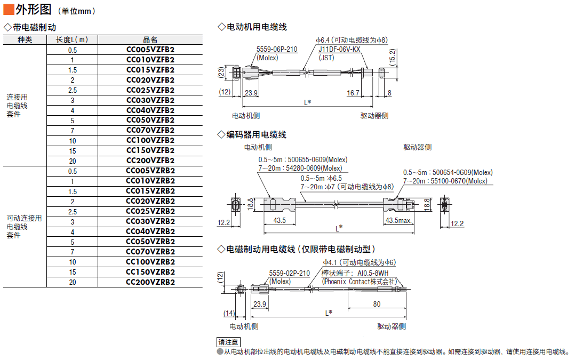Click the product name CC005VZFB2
click(150, 50)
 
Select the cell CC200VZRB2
click(150, 282)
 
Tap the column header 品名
click(150, 39)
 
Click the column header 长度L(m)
click(72, 39)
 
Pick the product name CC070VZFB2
click(150, 131)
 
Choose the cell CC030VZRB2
click(150, 221)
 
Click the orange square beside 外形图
click(9, 10)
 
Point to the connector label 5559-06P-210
click(277, 50)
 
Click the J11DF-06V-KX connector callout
click(339, 50)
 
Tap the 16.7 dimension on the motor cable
click(353, 93)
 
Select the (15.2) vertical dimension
click(393, 57)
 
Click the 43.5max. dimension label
click(398, 221)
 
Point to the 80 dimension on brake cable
click(377, 305)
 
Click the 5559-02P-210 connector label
click(289, 274)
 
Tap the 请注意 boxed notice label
click(228, 342)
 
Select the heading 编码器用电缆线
click(257, 135)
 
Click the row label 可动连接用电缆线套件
click(24, 227)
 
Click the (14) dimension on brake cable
click(229, 314)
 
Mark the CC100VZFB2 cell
click(150, 140)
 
